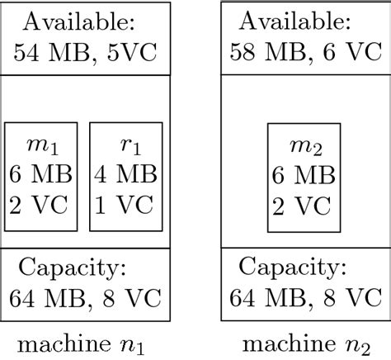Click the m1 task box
click(x=41, y=177)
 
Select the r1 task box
click(x=125, y=177)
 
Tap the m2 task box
click(x=303, y=177)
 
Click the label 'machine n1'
click(x=85, y=342)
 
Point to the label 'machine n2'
click(x=304, y=342)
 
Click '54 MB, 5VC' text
click(x=86, y=54)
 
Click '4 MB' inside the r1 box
click(x=125, y=176)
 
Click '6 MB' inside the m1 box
click(x=41, y=176)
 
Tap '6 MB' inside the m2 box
click(x=303, y=176)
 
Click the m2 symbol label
click(x=304, y=147)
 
